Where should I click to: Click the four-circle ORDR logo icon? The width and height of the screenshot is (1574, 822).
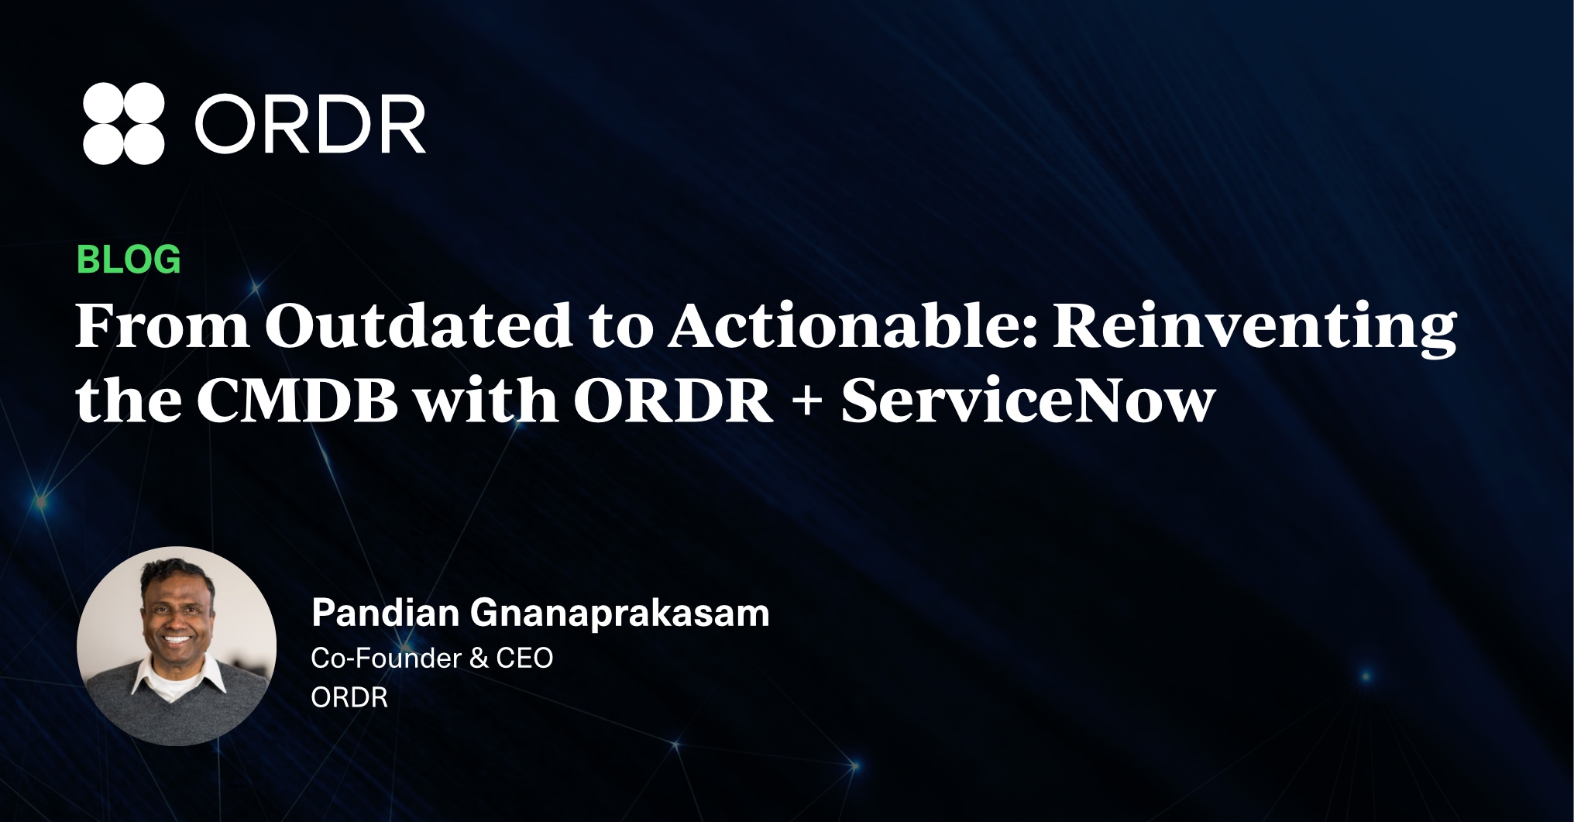tap(124, 123)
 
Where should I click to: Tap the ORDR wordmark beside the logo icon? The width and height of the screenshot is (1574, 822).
tap(311, 124)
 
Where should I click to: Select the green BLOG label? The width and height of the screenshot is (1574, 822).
tap(129, 260)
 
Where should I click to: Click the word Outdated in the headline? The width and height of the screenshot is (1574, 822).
tap(419, 325)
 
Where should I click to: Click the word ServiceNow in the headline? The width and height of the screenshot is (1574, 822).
tap(1028, 401)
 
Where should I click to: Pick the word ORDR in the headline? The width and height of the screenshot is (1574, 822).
tap(673, 401)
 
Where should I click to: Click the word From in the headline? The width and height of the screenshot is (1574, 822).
tap(162, 326)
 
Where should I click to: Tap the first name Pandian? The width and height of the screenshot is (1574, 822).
tap(386, 613)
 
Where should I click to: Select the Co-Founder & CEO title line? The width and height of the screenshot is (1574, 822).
tap(432, 658)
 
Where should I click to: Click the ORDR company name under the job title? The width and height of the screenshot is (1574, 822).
tap(349, 697)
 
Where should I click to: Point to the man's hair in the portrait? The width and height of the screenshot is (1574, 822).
tap(175, 573)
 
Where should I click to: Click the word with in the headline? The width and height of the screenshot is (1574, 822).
tap(486, 401)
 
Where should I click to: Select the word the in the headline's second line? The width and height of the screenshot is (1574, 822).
tap(128, 401)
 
